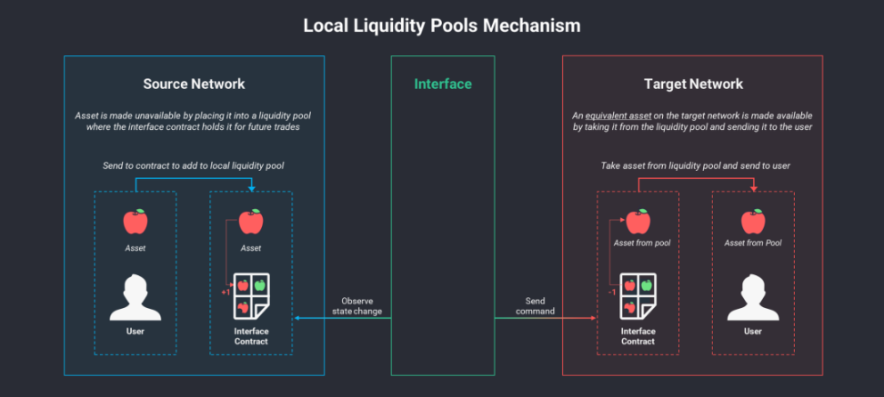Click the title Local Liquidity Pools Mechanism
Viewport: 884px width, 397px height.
coord(441,26)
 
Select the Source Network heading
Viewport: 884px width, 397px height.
coord(194,84)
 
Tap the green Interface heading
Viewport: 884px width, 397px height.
coord(443,84)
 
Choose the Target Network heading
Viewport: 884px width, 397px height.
coord(693,84)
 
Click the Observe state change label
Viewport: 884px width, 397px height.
coord(357,306)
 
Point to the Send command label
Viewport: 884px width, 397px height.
coord(535,306)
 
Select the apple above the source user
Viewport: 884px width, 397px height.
coord(136,222)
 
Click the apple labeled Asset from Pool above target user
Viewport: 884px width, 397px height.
coord(753,222)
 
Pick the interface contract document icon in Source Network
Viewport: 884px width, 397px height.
coord(251,297)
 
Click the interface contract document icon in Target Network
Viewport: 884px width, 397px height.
coord(638,297)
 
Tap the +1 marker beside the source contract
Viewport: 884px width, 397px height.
coord(226,293)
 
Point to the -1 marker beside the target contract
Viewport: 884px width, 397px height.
coord(611,293)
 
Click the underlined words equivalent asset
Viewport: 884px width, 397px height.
coord(618,115)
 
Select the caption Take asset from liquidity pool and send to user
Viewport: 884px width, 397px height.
coord(695,166)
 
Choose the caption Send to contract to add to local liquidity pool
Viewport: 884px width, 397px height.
coord(194,166)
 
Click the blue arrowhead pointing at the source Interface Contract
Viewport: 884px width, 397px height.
coord(297,318)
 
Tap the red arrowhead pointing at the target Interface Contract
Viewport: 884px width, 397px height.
coord(593,318)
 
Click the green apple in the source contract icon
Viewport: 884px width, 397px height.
coord(260,285)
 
